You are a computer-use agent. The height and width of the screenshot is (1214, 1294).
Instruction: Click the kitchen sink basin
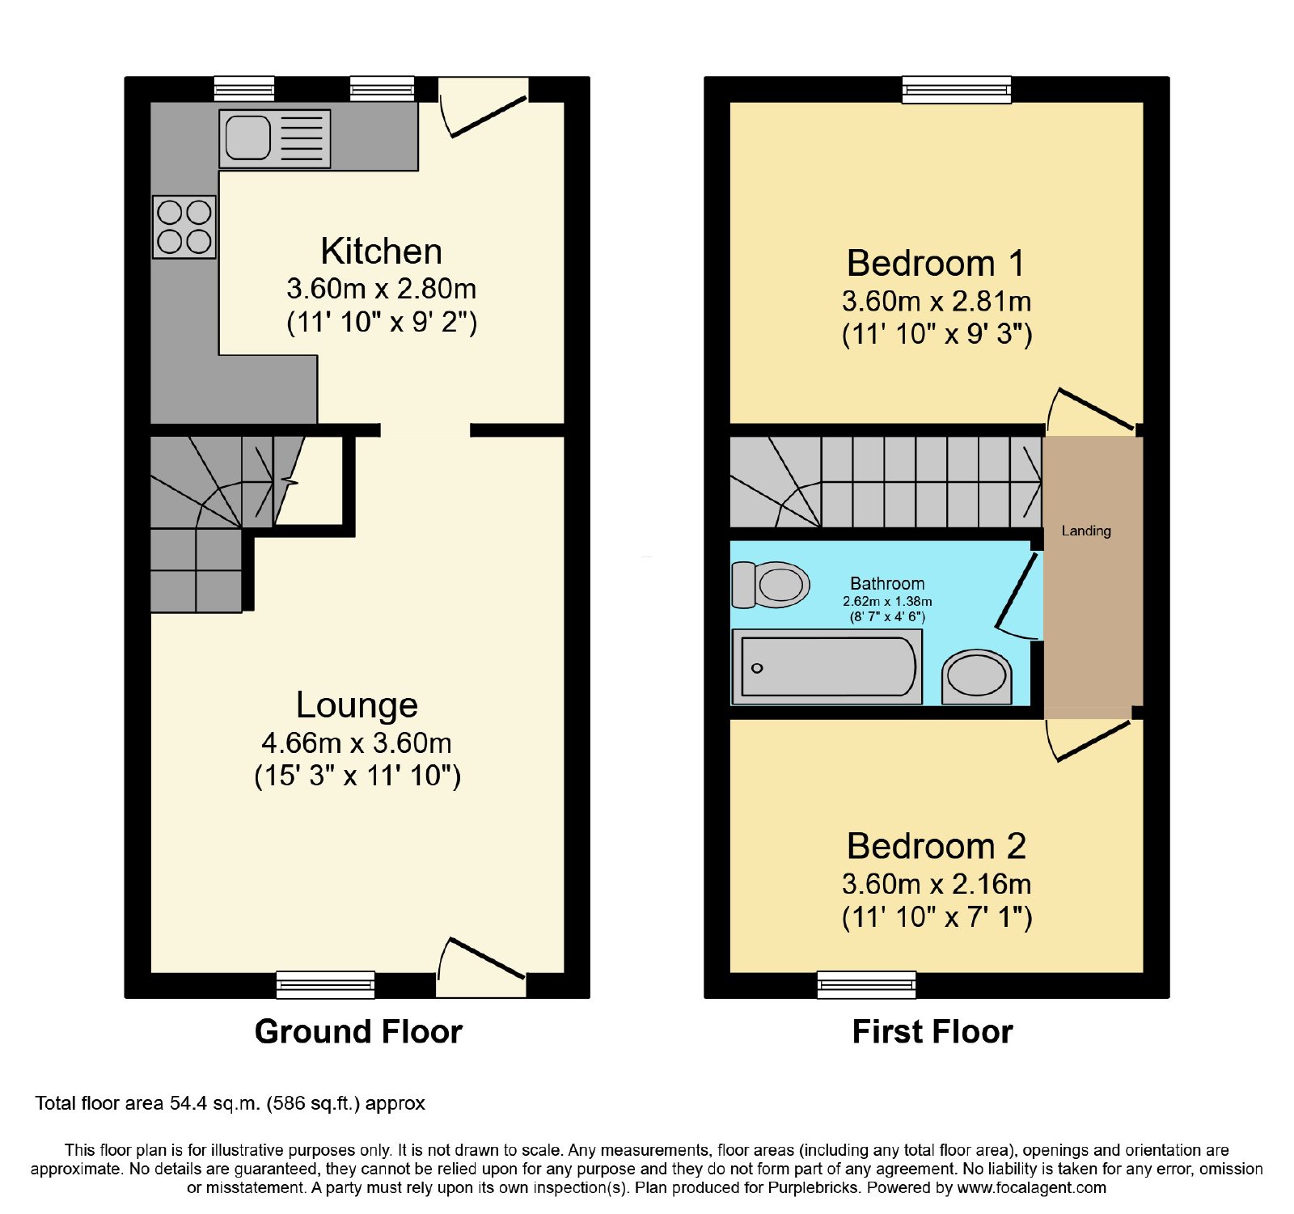[x=247, y=137]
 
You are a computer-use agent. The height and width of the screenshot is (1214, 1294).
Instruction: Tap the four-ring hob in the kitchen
[x=184, y=227]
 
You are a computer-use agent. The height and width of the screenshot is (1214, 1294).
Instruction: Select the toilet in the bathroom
[x=771, y=585]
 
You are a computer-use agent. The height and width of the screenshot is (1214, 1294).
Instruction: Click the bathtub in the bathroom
[x=827, y=667]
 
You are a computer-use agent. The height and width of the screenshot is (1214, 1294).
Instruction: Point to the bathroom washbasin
[x=977, y=677]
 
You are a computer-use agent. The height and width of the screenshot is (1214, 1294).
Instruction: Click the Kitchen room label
[x=382, y=252]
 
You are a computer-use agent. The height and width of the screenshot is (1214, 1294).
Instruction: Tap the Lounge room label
[x=357, y=705]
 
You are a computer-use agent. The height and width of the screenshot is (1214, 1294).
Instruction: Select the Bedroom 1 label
[x=936, y=264]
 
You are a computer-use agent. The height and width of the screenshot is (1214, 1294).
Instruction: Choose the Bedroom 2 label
[x=937, y=847]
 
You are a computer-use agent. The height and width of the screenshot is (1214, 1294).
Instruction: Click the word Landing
[x=1086, y=531]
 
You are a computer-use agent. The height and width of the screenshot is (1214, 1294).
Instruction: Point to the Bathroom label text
[x=887, y=583]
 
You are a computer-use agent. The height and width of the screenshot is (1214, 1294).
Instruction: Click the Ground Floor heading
[x=358, y=1032]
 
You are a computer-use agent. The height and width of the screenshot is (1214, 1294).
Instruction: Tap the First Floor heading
[x=932, y=1032]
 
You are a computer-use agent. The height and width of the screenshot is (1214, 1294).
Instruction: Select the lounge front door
[x=482, y=967]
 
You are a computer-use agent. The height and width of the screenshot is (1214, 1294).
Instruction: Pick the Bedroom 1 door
[x=1092, y=410]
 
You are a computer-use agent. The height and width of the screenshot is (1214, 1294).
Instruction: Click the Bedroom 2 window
[x=866, y=984]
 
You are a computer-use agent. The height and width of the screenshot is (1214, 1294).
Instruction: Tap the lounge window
[x=325, y=984]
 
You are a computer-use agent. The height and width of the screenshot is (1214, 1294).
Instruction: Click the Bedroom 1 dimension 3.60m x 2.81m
[x=937, y=302]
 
